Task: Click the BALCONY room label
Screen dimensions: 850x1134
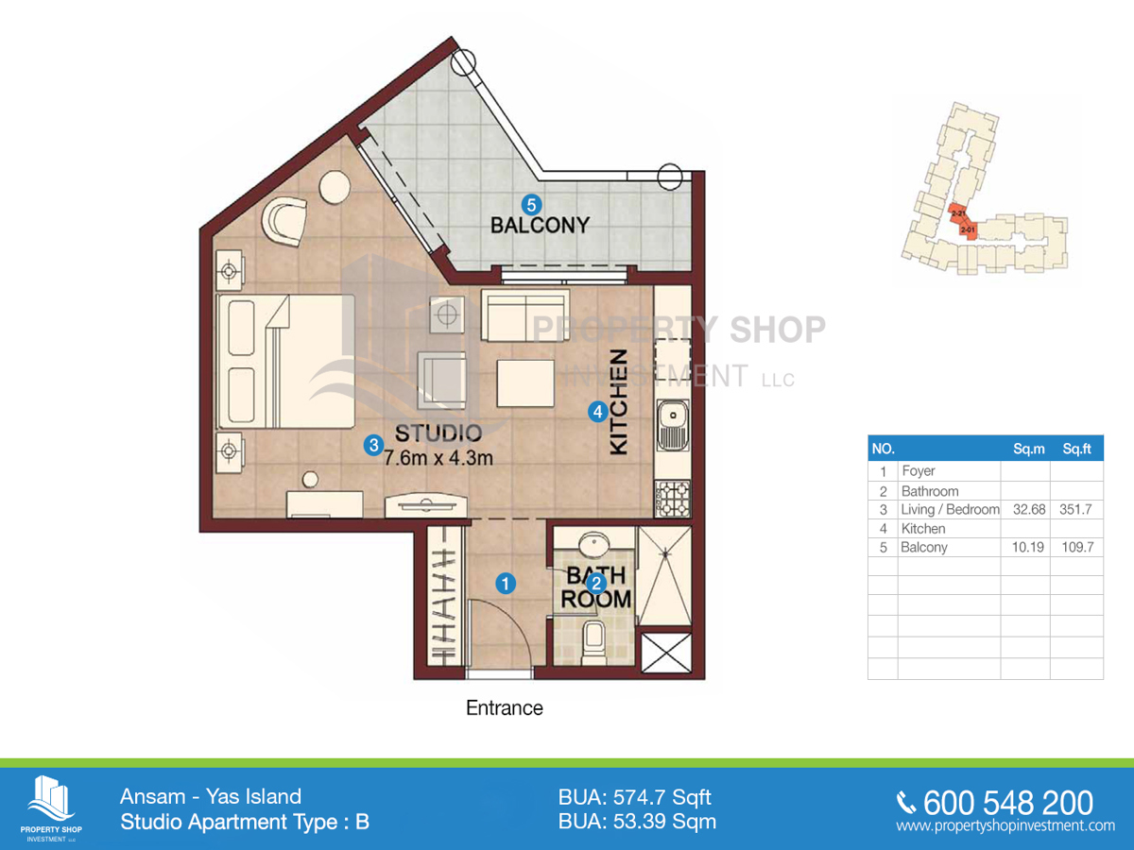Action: [540, 225]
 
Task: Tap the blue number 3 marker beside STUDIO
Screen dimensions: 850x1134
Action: [373, 443]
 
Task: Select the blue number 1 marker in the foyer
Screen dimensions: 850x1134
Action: [506, 584]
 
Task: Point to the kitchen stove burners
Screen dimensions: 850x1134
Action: [672, 498]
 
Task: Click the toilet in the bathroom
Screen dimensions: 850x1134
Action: [593, 642]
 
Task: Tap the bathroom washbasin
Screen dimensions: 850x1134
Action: [593, 545]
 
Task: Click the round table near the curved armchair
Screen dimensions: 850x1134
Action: [335, 187]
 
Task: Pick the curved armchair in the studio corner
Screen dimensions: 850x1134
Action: [285, 221]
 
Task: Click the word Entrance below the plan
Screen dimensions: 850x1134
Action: [505, 707]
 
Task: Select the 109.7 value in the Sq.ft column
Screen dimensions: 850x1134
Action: [1076, 547]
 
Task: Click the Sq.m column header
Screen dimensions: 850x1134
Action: [1027, 450]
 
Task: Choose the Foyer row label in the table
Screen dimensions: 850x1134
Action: [919, 471]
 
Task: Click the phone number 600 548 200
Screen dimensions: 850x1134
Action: [1007, 803]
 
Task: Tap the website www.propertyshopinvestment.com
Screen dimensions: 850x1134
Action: [1005, 825]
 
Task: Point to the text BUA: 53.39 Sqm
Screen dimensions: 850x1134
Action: [637, 822]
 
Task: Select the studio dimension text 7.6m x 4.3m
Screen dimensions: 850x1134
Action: [438, 458]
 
